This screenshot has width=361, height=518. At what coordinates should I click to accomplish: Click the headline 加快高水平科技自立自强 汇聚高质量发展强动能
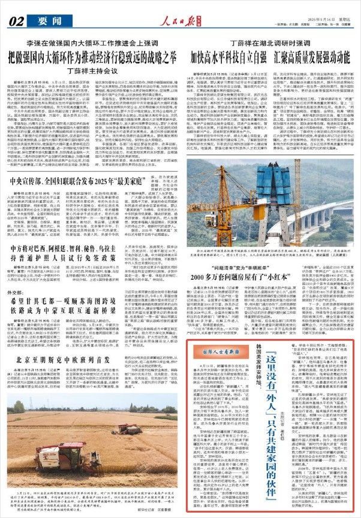pyautogui.click(x=270, y=59)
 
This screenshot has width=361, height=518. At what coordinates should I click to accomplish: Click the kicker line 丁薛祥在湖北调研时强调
pyautogui.click(x=269, y=44)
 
